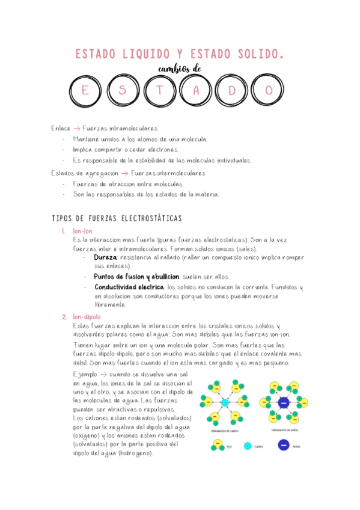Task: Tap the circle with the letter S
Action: [x=123, y=90]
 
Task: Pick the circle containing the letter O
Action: [x=270, y=90]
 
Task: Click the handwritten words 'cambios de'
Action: [x=179, y=69]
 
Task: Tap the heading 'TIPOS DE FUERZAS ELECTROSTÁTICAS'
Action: [x=117, y=218]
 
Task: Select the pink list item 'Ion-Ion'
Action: [x=83, y=231]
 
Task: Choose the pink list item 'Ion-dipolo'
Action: [x=87, y=317]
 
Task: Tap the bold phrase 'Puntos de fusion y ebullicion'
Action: [x=136, y=277]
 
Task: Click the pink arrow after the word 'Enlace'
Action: [x=76, y=129]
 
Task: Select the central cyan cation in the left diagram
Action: [x=225, y=402]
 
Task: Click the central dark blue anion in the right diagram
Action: [x=284, y=402]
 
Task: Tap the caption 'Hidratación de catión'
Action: [x=225, y=431]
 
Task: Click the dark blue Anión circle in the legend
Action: [x=282, y=446]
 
